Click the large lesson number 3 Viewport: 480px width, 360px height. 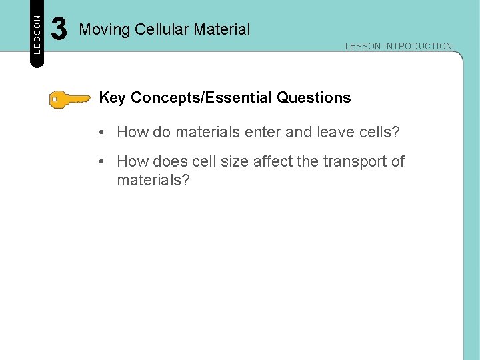coord(59,29)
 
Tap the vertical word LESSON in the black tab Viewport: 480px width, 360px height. coord(37,34)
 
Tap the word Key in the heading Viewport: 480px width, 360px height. coord(113,98)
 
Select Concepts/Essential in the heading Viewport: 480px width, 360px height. coord(202,98)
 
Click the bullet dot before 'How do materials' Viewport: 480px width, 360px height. coord(98,132)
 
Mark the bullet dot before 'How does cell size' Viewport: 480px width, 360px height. coord(98,161)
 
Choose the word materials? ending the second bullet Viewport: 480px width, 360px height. coord(153,180)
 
